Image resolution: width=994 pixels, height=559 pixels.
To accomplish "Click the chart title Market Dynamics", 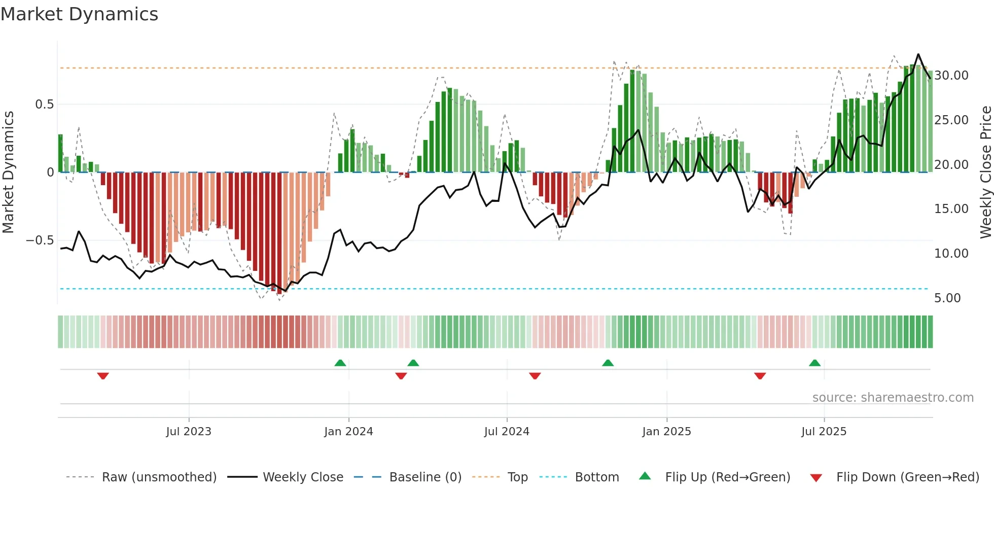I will coord(79,14).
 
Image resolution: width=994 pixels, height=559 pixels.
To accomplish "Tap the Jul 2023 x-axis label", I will coord(189,432).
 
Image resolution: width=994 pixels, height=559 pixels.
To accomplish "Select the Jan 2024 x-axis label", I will coord(348,432).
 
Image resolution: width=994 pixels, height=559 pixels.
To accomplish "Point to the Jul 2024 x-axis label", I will coord(507,432).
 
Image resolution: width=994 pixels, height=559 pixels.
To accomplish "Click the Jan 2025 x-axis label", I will coord(666,432).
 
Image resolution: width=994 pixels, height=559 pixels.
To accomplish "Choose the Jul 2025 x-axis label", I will coord(824,432).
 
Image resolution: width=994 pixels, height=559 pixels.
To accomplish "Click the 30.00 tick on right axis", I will coord(951,76).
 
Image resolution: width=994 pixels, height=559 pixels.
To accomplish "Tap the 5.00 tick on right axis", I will coord(947,298).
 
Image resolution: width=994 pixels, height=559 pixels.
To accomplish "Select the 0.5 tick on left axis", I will coord(44,104).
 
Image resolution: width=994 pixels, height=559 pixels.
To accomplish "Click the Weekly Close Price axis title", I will coord(985,172).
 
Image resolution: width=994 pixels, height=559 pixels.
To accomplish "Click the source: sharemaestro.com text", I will coord(893,398).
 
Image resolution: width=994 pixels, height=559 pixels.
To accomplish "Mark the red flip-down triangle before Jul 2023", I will coord(103,376).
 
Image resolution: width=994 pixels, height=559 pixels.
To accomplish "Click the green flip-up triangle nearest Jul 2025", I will coord(814,363).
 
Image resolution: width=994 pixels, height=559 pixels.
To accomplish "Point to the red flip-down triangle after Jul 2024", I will coord(535,376).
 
